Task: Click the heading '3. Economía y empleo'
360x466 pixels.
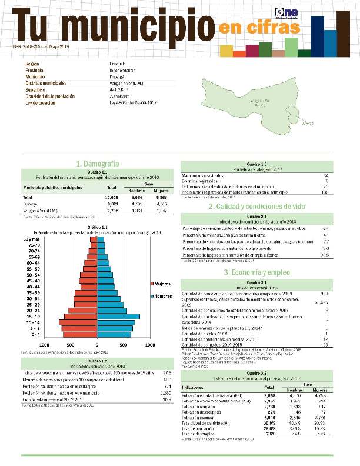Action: tap(256, 272)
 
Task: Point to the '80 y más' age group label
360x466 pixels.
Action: tap(32, 238)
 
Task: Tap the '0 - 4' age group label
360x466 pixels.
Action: tap(35, 334)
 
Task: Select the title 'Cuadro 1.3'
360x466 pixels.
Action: tap(256, 164)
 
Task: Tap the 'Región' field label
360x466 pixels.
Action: tap(34, 64)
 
